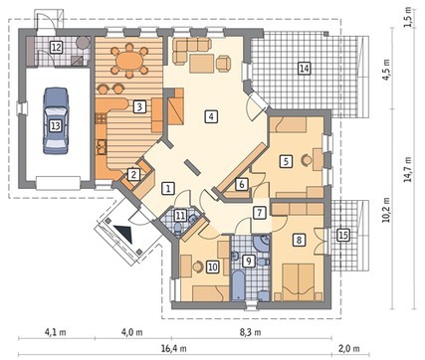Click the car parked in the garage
56,120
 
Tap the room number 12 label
57,47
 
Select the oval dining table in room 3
129,62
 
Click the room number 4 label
211,116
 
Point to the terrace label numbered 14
305,69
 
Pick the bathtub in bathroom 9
238,285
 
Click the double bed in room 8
298,282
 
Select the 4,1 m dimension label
55,332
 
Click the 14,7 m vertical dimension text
407,169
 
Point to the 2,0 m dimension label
348,349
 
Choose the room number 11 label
180,216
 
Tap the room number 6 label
242,184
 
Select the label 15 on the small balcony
343,235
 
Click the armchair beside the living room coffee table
224,63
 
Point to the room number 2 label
133,174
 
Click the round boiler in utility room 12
83,43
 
